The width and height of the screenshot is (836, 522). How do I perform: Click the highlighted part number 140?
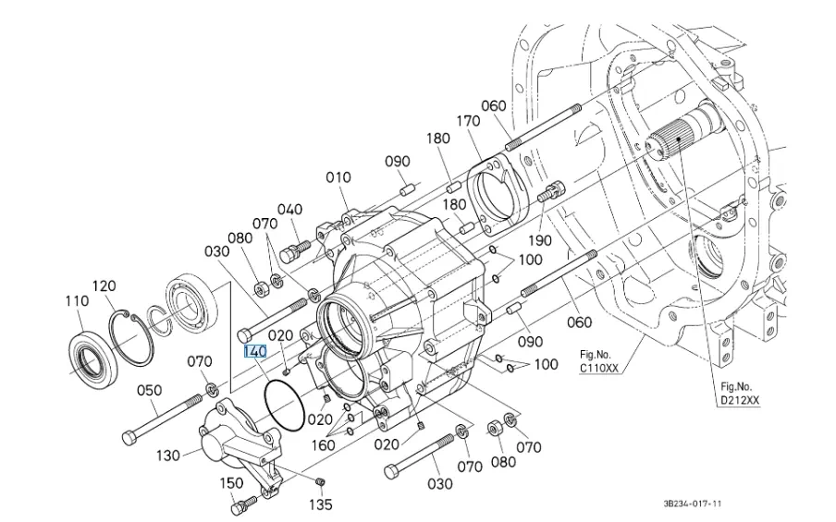(x=254, y=352)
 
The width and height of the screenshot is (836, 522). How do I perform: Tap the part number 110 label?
(x=76, y=301)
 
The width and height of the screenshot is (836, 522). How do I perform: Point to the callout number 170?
(x=469, y=121)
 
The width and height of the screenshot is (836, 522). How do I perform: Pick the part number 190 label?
(x=540, y=240)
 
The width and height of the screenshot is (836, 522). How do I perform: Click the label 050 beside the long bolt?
(x=150, y=391)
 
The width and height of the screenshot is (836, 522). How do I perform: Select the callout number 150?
(x=230, y=482)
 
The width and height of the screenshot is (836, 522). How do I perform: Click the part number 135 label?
(x=321, y=505)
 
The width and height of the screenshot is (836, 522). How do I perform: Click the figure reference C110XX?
(x=599, y=368)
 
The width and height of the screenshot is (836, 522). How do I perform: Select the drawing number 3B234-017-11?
(x=692, y=505)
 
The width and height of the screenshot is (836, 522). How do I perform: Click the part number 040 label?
(x=289, y=209)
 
